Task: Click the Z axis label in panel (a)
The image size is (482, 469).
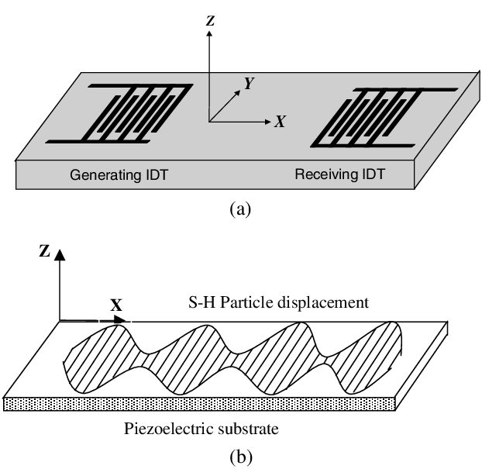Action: pos(209,22)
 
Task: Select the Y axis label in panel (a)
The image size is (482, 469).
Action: pos(250,84)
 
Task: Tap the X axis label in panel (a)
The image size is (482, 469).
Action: pos(281,122)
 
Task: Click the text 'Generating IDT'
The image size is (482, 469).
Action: pos(119,175)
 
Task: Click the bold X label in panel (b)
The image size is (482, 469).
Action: pos(117,305)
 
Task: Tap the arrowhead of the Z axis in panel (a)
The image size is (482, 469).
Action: pos(209,37)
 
